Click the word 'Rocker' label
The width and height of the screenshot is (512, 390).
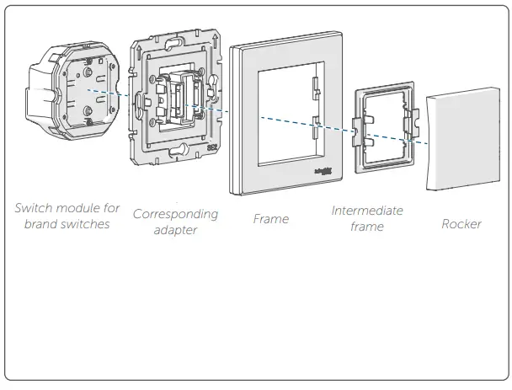(461, 224)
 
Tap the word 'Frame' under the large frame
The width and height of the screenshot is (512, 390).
(270, 219)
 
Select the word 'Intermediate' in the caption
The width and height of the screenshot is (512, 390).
(367, 211)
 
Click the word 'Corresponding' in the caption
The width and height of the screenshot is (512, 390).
(175, 214)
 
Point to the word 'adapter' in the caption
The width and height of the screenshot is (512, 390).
(175, 230)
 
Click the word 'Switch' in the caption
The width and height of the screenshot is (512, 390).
(35, 208)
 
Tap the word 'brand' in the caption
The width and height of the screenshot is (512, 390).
(42, 224)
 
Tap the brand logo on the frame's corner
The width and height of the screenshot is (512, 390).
(322, 172)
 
